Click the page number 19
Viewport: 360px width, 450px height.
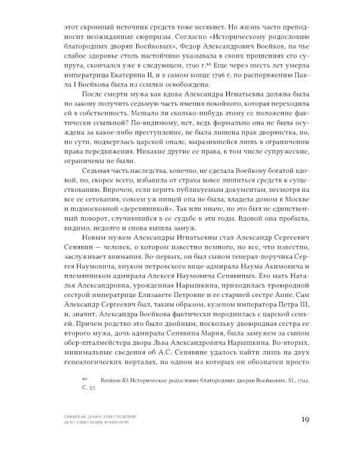click(301, 419)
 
